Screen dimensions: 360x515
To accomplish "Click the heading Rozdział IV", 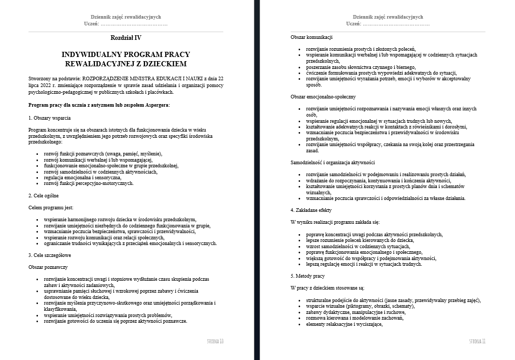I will [125, 38].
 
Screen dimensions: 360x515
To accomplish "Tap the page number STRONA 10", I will [214, 341].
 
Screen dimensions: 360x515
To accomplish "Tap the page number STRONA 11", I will [477, 341].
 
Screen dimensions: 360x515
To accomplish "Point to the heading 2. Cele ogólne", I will [44, 196].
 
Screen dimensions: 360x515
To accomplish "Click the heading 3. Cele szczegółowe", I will [50, 255].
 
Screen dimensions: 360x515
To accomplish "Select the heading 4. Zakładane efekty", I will [311, 210].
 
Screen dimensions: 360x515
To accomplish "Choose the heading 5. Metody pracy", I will [308, 276].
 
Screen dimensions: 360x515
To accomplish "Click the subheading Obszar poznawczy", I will [48, 267].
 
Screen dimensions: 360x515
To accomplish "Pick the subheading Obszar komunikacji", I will [311, 37].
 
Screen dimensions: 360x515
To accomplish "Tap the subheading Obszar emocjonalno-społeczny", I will [323, 97].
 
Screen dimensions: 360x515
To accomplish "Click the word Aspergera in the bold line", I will [156, 105].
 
